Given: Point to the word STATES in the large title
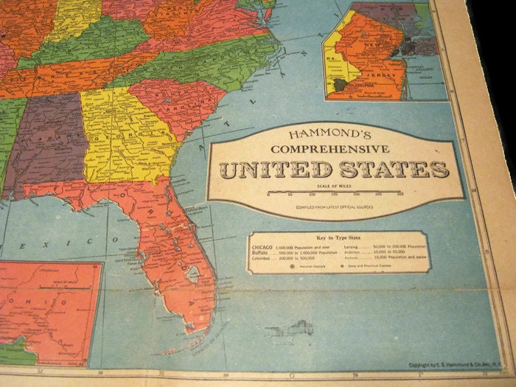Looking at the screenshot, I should [392, 170].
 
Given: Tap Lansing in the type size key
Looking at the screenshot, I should [352, 245].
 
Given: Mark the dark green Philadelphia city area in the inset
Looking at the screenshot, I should [339, 85].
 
